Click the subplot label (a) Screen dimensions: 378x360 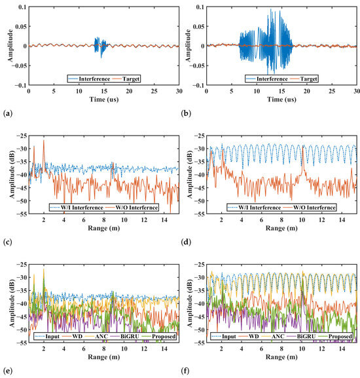coord(7,113)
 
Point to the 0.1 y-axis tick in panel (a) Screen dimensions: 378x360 coord(22,8)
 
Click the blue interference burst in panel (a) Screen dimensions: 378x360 coord(98,46)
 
